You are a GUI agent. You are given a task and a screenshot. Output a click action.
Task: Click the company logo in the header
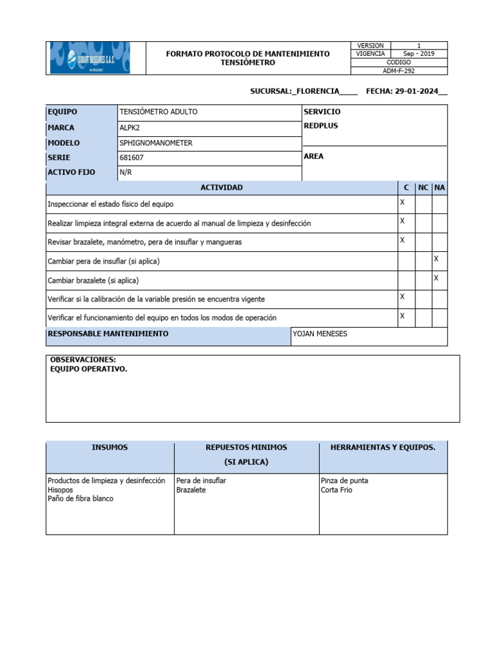click(x=90, y=58)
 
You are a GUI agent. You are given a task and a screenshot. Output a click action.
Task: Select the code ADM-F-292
click(x=399, y=71)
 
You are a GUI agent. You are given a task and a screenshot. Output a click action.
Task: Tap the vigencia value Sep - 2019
click(x=419, y=54)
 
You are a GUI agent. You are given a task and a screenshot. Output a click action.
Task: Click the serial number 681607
click(x=132, y=157)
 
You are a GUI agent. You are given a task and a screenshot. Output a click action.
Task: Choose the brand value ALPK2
click(x=129, y=128)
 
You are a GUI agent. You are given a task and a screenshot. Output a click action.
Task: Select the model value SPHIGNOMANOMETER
click(x=156, y=143)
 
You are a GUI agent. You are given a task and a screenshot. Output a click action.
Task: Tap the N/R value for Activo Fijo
click(x=125, y=172)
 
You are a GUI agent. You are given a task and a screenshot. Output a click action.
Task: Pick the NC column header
click(x=423, y=188)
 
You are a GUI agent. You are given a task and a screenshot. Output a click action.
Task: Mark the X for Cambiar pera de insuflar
click(x=436, y=259)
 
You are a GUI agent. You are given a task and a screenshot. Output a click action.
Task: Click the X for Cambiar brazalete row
click(x=436, y=278)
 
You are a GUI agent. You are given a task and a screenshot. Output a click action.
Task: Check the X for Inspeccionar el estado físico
click(x=402, y=202)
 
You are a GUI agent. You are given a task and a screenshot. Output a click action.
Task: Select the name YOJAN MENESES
click(x=320, y=334)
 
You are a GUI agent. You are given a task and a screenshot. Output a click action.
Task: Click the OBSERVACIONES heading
click(x=83, y=360)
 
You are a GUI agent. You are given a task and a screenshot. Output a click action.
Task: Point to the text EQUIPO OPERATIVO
click(x=89, y=369)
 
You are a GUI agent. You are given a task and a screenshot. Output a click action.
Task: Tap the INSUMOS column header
click(x=110, y=447)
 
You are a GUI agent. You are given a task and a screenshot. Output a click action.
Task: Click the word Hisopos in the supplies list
click(x=61, y=490)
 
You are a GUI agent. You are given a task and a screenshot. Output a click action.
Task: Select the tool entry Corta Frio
click(x=336, y=490)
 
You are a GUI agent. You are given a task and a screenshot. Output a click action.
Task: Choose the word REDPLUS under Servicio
click(x=321, y=126)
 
